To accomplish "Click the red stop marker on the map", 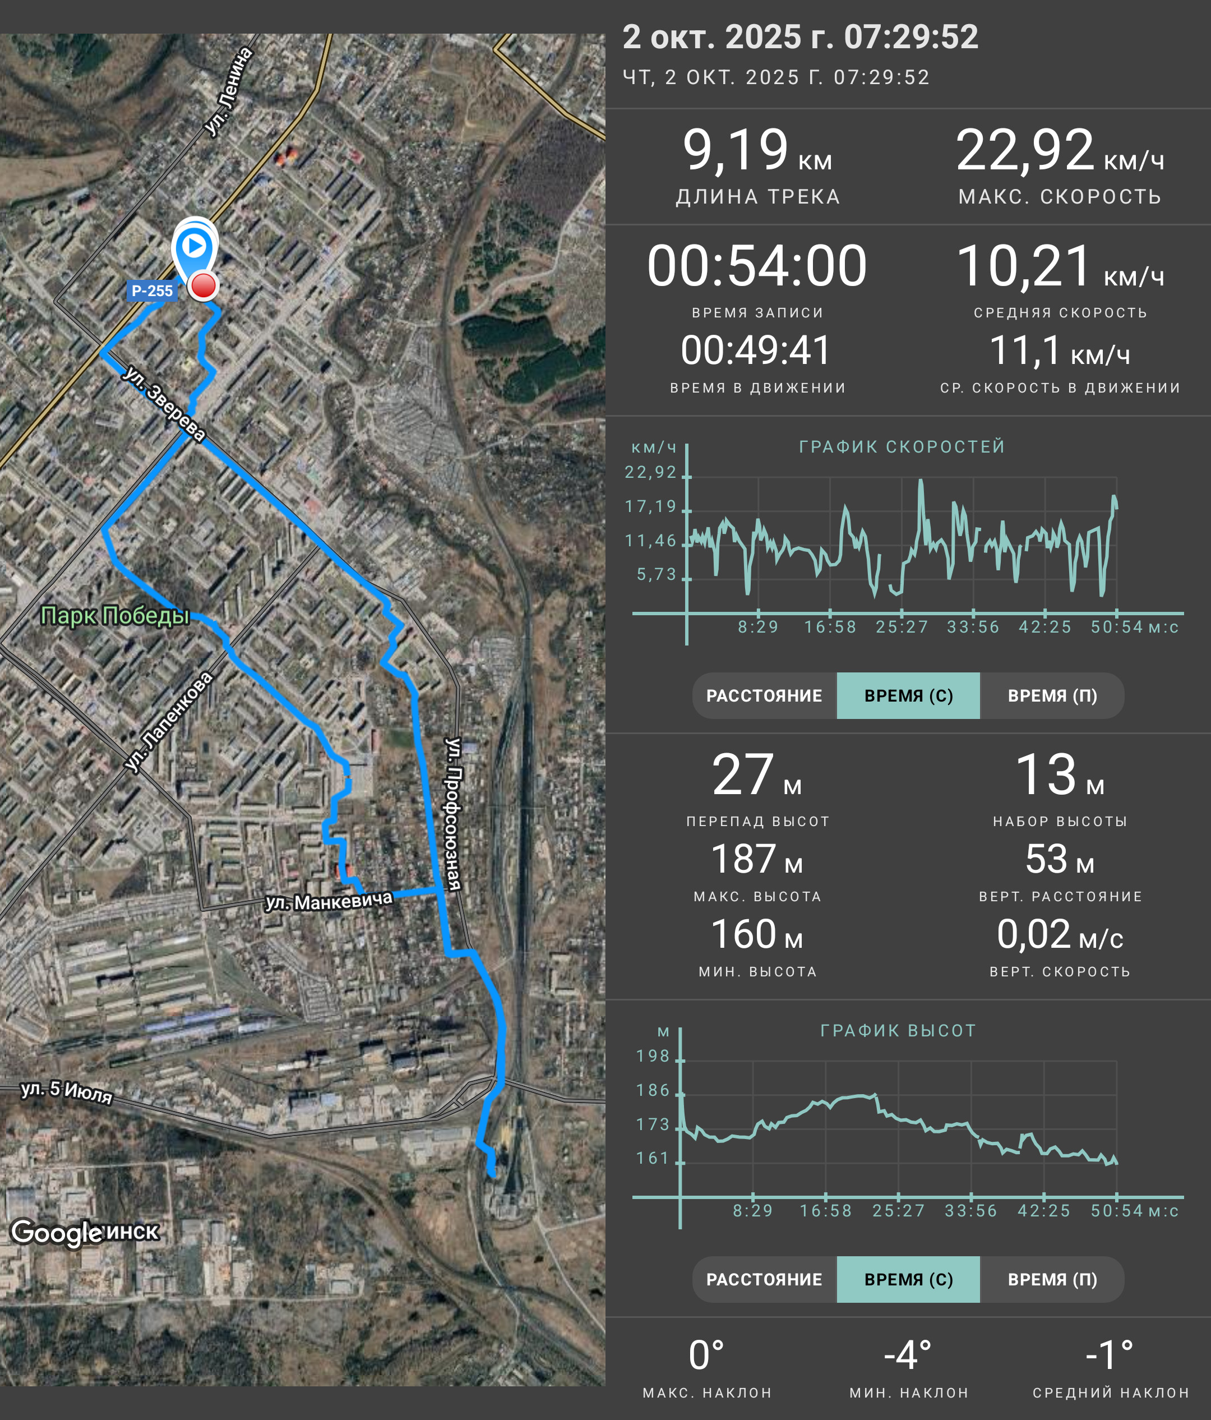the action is click(203, 286).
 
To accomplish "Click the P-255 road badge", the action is click(152, 291).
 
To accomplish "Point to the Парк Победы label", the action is click(115, 615).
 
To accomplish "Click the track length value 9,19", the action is click(735, 150).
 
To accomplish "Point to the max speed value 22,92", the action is click(1025, 150).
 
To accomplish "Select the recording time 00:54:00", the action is click(757, 266).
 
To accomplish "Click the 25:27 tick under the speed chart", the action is click(902, 627).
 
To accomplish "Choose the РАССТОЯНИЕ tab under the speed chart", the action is click(764, 695).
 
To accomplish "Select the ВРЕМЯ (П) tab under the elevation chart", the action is click(1052, 1279).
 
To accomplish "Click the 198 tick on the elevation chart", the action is click(653, 1056).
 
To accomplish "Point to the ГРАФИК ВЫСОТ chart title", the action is click(898, 1031).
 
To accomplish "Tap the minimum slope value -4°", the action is click(908, 1355).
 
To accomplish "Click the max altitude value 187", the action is click(743, 859).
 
